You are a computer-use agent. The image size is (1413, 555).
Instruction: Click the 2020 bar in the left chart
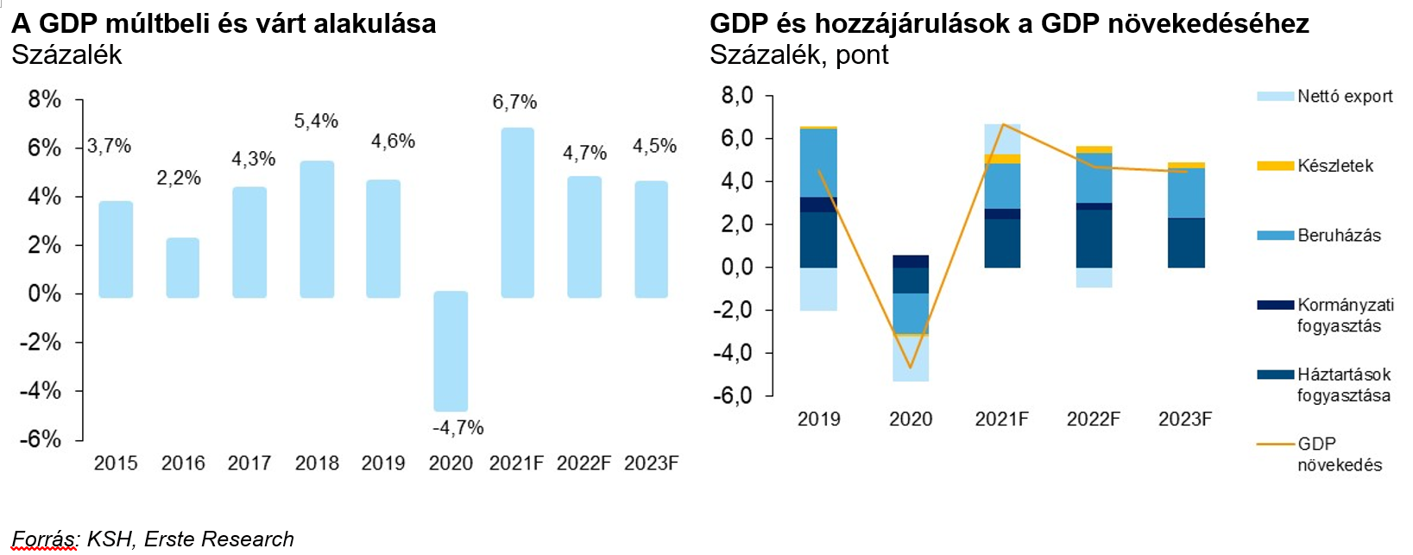point(451,351)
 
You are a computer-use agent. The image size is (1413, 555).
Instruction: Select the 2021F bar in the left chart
point(517,212)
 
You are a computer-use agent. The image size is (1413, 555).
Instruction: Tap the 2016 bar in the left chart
point(182,268)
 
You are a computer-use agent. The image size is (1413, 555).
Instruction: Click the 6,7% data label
point(514,102)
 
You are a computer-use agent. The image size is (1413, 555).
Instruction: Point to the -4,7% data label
point(457,427)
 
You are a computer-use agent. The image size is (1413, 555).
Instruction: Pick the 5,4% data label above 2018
point(316,121)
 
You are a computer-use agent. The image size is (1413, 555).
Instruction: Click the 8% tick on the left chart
point(44,99)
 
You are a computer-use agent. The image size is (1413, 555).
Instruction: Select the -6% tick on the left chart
point(41,438)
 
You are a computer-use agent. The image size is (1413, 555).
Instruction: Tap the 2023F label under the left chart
point(651,464)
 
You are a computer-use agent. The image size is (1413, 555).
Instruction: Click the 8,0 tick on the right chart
point(737,95)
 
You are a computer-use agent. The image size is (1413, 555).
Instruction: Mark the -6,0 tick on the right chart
point(733,395)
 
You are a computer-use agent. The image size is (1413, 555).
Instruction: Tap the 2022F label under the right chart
point(1093,419)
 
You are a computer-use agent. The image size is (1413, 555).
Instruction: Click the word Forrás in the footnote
point(44,539)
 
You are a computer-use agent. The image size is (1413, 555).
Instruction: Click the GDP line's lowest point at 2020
point(911,368)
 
